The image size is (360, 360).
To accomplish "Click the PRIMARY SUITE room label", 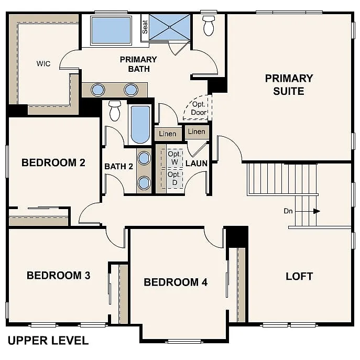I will [x=289, y=84].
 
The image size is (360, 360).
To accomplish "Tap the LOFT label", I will [x=299, y=276].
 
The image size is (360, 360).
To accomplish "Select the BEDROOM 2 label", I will [x=53, y=162].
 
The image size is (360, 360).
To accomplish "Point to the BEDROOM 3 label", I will [x=58, y=275].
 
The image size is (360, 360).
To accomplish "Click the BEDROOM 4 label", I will [x=176, y=282].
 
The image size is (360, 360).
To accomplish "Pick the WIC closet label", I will [x=43, y=63].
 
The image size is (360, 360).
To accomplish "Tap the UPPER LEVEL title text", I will [x=48, y=341].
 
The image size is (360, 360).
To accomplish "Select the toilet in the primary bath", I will [x=209, y=25].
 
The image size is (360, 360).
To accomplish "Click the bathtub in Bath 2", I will [x=140, y=125].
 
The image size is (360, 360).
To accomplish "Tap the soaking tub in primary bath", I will [x=111, y=30].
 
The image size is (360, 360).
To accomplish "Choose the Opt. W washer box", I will [x=174, y=158].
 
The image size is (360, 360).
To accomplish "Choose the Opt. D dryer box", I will [x=174, y=178].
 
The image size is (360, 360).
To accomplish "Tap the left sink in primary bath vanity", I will [x=98, y=90].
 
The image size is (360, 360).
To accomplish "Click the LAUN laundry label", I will [x=197, y=163].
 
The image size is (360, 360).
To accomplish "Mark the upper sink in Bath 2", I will [x=144, y=157].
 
